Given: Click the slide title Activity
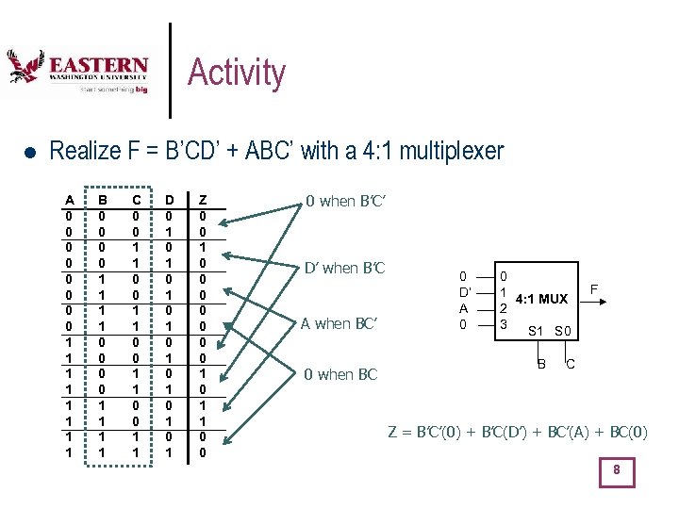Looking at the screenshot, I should (237, 73).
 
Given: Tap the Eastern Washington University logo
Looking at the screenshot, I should (77, 73).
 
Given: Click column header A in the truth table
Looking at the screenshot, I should (69, 200).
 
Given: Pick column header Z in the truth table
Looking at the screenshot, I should (203, 200).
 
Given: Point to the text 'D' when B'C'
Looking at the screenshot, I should (345, 268).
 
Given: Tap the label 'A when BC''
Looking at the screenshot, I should (339, 324).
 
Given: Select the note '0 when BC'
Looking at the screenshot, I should (340, 374).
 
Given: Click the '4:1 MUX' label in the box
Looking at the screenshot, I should (541, 299).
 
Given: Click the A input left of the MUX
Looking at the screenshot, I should (462, 308).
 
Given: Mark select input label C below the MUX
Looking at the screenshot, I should (571, 365).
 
